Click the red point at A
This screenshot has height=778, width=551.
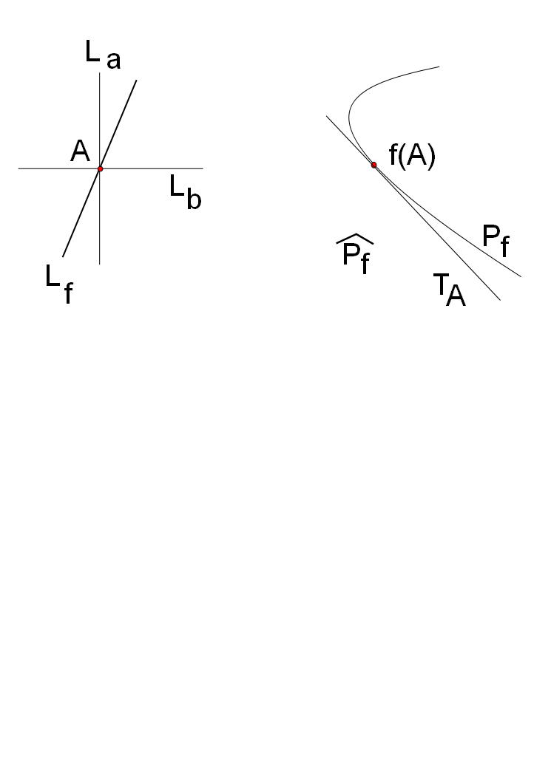(x=100, y=168)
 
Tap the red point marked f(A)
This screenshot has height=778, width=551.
(x=374, y=164)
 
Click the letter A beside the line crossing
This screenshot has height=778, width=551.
(x=80, y=151)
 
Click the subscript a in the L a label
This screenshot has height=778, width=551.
(x=113, y=61)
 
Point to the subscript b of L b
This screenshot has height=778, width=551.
(x=194, y=200)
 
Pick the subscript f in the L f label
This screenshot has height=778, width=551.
(x=67, y=294)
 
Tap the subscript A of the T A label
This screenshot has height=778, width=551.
(x=456, y=297)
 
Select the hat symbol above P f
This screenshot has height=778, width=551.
(x=355, y=242)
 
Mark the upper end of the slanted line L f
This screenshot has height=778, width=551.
(x=137, y=79)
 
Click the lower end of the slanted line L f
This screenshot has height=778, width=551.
(x=63, y=257)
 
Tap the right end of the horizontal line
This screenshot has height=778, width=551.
(x=203, y=168)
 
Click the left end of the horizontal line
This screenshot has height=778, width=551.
(x=18, y=168)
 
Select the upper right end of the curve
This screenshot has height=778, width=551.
(x=440, y=66)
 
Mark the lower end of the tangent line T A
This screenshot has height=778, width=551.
(x=501, y=300)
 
